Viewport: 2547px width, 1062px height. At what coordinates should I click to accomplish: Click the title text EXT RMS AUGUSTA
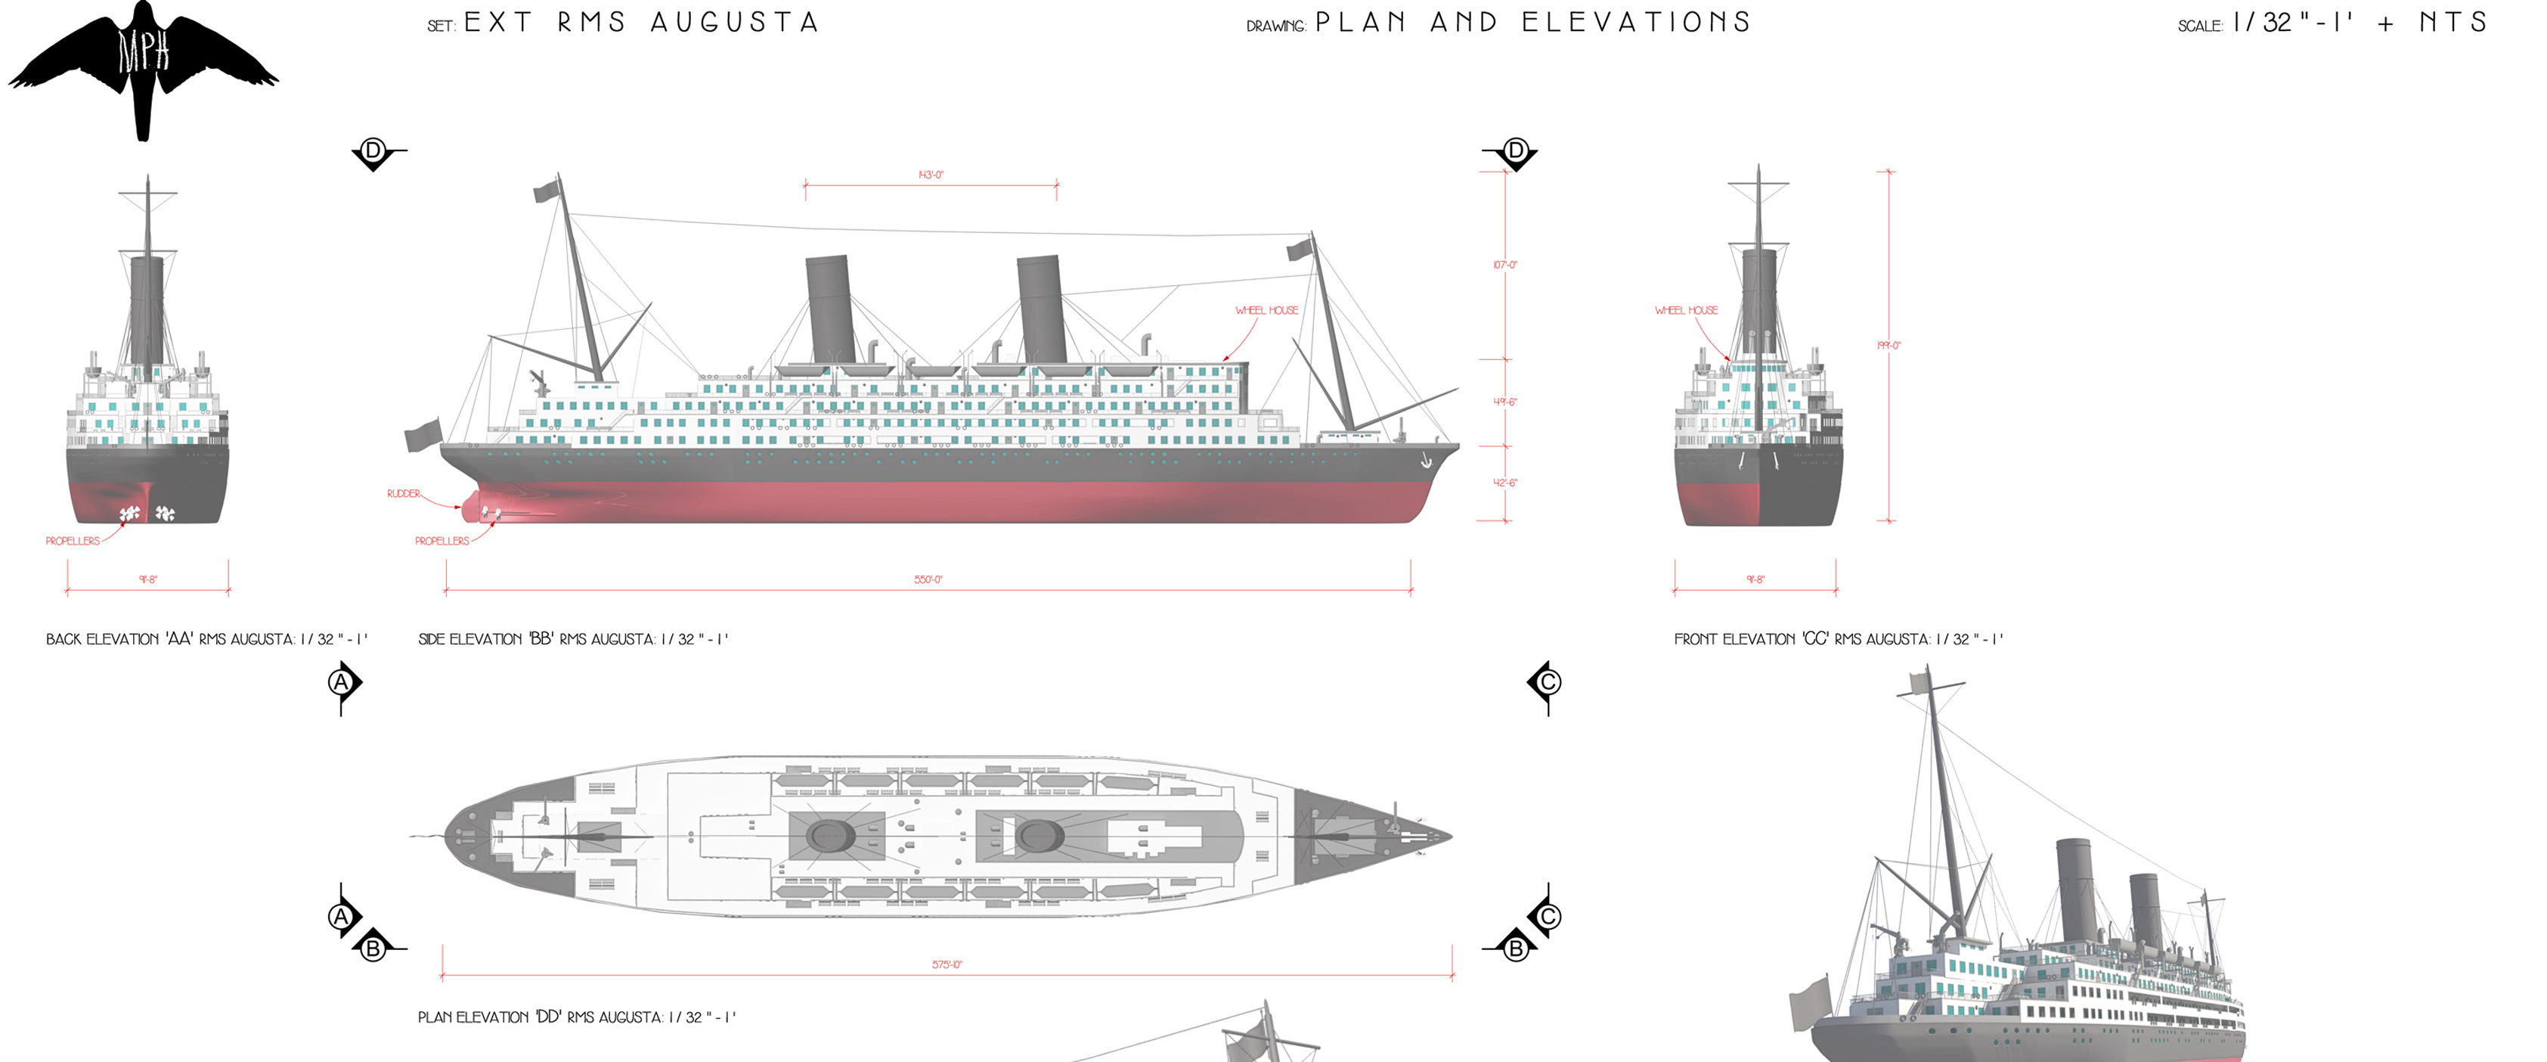point(640,23)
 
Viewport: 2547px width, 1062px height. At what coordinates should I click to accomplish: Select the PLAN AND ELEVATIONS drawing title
point(1532,23)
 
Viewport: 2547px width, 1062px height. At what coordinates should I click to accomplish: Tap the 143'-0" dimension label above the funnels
point(931,175)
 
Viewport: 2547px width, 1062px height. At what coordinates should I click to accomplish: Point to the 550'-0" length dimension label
point(928,579)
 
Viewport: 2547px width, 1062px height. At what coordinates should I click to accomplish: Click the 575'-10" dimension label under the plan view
point(947,964)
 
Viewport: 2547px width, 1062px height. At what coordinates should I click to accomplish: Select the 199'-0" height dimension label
point(1888,345)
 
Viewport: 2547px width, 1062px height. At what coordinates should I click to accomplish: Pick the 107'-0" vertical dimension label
point(1504,265)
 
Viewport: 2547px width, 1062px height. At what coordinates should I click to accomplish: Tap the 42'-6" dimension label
point(1504,483)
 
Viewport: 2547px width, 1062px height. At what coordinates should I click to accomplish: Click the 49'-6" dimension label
point(1504,402)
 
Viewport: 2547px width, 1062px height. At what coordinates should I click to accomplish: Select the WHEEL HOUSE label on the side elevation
point(1266,310)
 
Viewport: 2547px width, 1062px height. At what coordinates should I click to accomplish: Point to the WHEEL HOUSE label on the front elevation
point(1686,310)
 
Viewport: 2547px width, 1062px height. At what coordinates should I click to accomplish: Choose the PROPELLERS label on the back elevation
point(72,541)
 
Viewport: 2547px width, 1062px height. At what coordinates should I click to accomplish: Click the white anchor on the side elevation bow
point(1425,461)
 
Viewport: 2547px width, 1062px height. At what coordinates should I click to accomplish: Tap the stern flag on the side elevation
point(423,435)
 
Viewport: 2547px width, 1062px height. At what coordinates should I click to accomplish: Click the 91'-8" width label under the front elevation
point(1754,579)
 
